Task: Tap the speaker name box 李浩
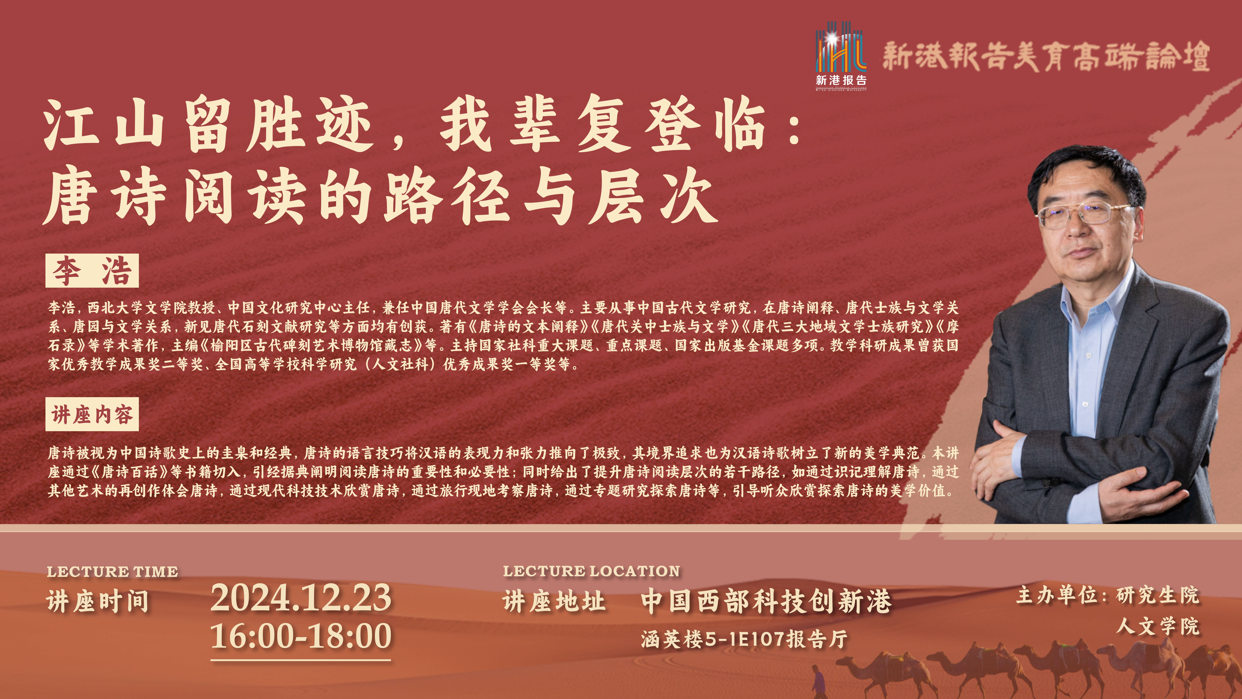[x=92, y=271]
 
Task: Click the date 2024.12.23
[x=301, y=598]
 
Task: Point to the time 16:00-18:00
[x=301, y=636]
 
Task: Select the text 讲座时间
[x=98, y=602]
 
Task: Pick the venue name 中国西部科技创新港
[x=766, y=602]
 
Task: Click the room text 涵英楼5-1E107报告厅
[x=744, y=639]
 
